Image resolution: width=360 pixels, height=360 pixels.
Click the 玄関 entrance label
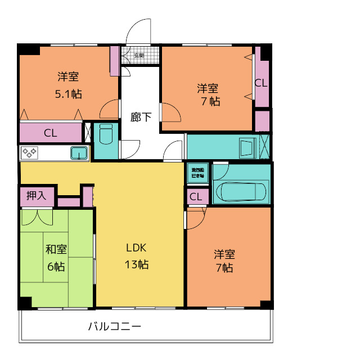pos(139,55)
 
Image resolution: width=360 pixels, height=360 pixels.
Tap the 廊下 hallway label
pos(141,117)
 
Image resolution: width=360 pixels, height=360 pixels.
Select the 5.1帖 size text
pos(68,94)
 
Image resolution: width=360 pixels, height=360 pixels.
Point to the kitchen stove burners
pos(29,152)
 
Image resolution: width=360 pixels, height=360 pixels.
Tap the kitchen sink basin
pos(79,152)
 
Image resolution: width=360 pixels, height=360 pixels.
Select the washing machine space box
pos(197,173)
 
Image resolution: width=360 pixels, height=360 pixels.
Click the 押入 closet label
pos(37,196)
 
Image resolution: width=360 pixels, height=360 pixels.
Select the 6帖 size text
pos(55,266)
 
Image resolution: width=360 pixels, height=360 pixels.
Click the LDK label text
pos(136,247)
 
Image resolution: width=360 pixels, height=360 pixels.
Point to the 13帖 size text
pos(136,264)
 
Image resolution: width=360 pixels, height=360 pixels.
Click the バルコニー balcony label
pos(114,326)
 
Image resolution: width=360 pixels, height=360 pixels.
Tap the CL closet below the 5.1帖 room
pos(51,133)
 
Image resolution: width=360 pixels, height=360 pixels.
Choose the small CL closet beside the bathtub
pos(196,196)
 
